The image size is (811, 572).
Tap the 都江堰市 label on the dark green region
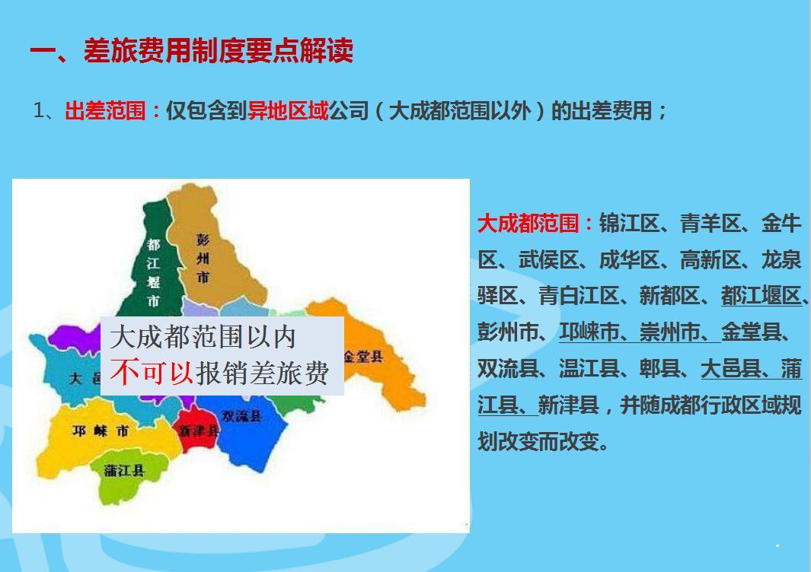tap(153, 272)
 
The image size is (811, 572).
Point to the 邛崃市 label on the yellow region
tap(101, 431)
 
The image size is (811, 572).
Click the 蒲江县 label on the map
tap(125, 471)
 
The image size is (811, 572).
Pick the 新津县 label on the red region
tap(200, 431)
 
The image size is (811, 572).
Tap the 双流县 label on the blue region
tap(242, 416)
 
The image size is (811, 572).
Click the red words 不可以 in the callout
tap(152, 373)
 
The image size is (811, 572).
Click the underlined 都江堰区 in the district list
tap(762, 296)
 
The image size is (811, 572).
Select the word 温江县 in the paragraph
tap(589, 369)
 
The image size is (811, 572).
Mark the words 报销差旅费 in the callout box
tap(262, 373)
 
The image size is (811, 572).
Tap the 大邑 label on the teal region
tap(85, 378)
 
